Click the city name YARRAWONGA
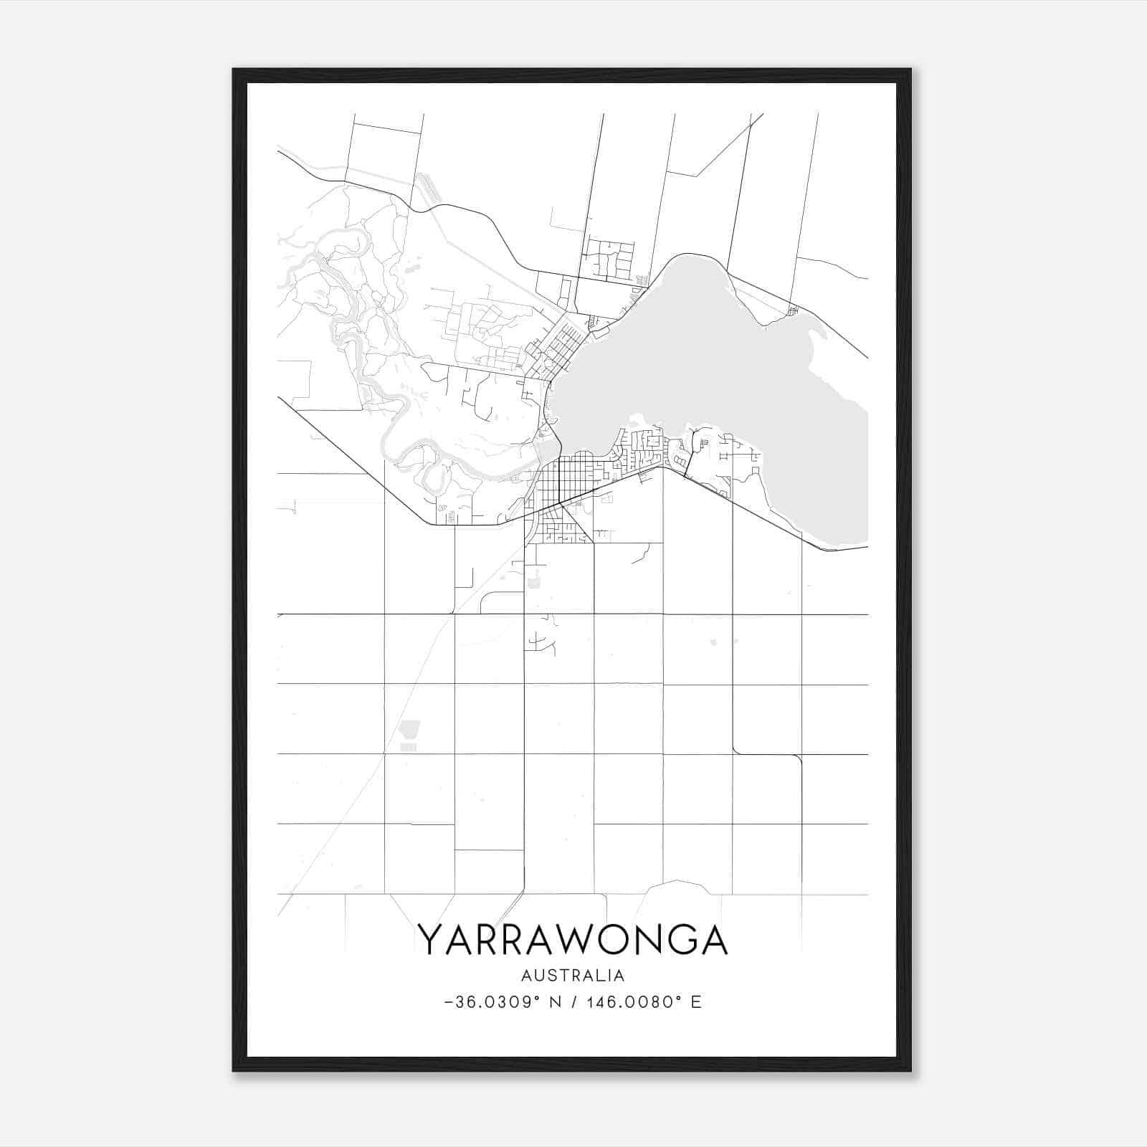tap(573, 940)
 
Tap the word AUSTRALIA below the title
tap(573, 976)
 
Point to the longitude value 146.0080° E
tap(644, 1002)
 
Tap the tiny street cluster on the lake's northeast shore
tap(792, 311)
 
